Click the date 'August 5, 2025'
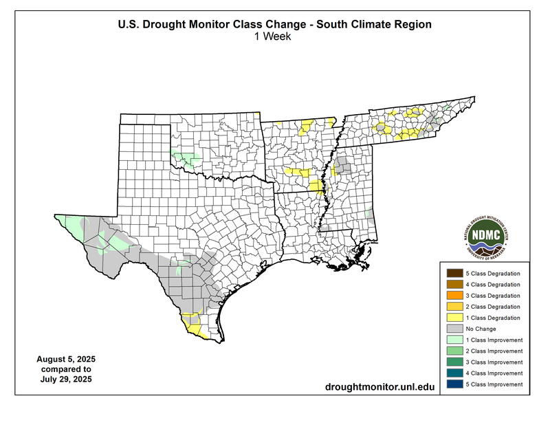coord(66,360)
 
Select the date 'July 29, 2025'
coord(66,379)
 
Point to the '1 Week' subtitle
coord(274,37)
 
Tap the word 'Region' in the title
coord(410,25)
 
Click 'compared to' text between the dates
coord(66,369)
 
